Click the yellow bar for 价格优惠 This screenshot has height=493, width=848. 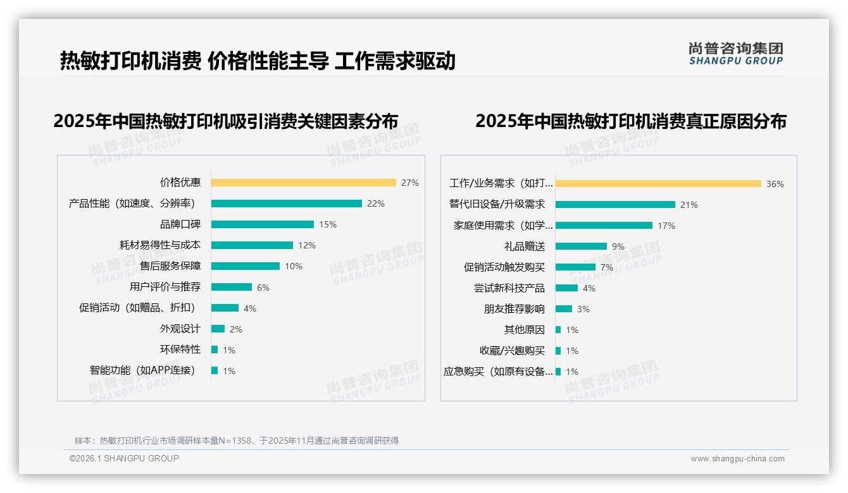(303, 183)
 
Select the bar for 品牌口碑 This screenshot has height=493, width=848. (262, 224)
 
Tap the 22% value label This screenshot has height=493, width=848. (376, 204)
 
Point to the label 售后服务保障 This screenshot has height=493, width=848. (170, 266)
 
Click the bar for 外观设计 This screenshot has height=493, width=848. (218, 329)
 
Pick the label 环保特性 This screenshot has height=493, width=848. (180, 350)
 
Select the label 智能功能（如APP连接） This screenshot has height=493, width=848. (142, 370)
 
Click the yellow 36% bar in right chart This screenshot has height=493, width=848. (658, 184)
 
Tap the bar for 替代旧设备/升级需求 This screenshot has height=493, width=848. (615, 205)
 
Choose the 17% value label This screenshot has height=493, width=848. (666, 226)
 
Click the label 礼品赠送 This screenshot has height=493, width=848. (524, 246)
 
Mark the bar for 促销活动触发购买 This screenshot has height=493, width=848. (575, 267)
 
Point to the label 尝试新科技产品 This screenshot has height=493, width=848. (509, 288)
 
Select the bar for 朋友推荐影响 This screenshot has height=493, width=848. (564, 309)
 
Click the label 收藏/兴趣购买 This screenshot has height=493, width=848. (512, 351)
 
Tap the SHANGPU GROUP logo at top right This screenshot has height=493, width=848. (735, 54)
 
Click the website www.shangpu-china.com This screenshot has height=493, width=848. (737, 459)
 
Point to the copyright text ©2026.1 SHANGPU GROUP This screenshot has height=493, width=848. (124, 458)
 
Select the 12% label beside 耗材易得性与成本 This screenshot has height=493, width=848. (307, 245)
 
